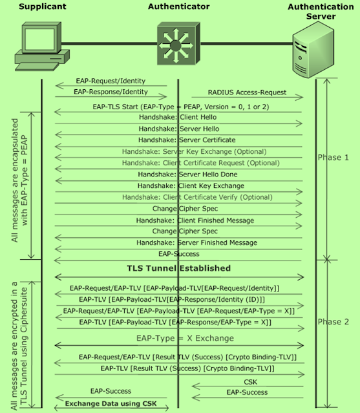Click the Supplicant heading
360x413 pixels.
[x=43, y=6]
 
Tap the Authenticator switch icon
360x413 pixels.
[x=178, y=43]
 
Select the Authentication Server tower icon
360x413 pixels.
[x=313, y=50]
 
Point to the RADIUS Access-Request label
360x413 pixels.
[x=247, y=92]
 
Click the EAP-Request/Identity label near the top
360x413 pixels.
[x=111, y=81]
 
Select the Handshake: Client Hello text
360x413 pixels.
[x=178, y=117]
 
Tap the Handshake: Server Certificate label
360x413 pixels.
[x=187, y=140]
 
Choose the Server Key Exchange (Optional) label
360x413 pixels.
[x=194, y=151]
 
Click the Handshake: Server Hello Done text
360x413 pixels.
[x=187, y=175]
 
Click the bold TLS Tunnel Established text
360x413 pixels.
[x=179, y=268]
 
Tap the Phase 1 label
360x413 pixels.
[x=333, y=158]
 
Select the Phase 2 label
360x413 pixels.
[x=333, y=322]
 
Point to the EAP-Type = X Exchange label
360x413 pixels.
[x=185, y=338]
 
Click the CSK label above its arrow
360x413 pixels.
[x=250, y=382]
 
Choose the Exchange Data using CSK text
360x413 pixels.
[x=111, y=403]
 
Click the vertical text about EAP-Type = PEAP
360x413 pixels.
[x=19, y=180]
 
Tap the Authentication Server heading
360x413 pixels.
[x=321, y=12]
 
